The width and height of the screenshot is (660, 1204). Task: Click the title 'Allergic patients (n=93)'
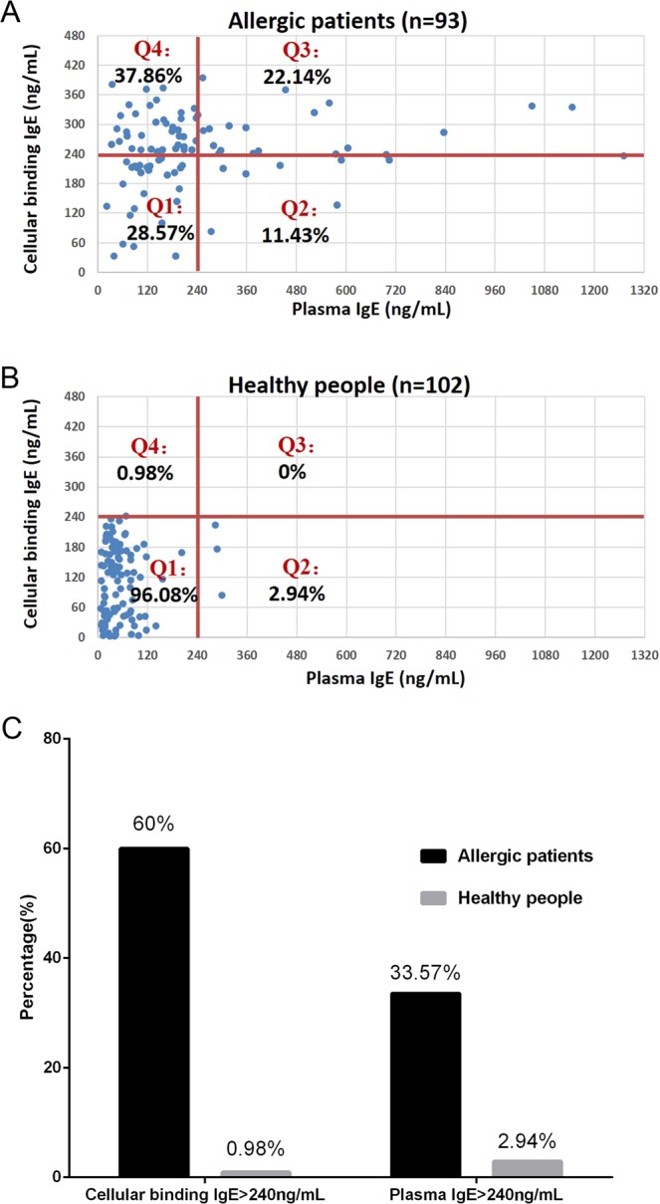[x=370, y=15]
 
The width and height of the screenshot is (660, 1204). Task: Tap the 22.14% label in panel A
[x=297, y=76]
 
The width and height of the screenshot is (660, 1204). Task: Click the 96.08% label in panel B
[x=163, y=596]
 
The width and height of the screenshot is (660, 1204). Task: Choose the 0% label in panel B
[x=292, y=472]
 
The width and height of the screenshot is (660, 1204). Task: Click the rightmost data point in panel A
[x=624, y=155]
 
